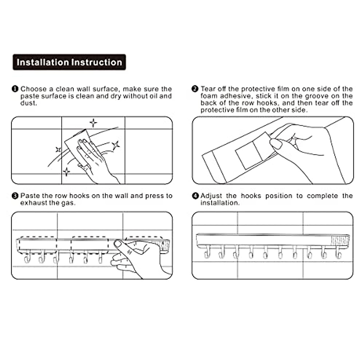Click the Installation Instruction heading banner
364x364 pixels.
coord(69,62)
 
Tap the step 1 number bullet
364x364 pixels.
coord(15,89)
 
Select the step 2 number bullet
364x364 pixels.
coord(195,89)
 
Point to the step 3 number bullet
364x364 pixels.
coord(15,196)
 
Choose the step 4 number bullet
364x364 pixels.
coord(196,196)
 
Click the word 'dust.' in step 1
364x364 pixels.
coord(29,103)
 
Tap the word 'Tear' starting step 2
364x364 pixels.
coord(208,89)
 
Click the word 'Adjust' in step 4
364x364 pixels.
coord(211,196)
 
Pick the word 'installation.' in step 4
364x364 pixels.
coord(220,203)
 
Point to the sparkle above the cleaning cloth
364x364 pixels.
coord(93,123)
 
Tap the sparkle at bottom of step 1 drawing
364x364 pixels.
coord(66,172)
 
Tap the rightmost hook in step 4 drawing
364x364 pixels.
coord(338,252)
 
